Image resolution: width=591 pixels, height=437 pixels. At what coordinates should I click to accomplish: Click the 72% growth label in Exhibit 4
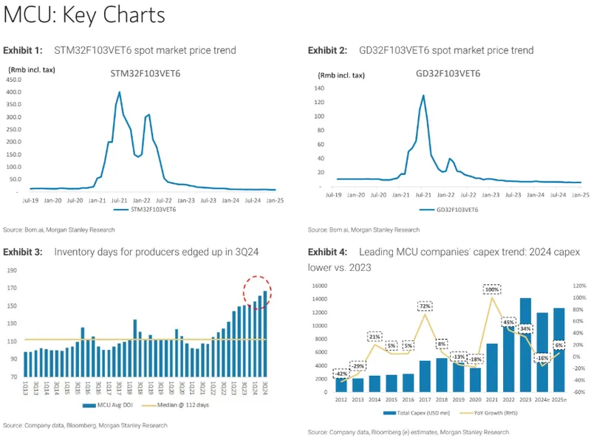pos(425,306)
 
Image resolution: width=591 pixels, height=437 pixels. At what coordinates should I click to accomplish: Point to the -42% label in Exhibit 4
pos(342,374)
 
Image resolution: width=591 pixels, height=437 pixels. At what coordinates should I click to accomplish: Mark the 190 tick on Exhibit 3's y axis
pos(13,270)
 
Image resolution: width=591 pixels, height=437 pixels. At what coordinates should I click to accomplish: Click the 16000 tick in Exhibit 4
pos(318,286)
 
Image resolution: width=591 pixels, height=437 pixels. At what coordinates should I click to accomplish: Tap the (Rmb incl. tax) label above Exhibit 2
pos(341,75)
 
